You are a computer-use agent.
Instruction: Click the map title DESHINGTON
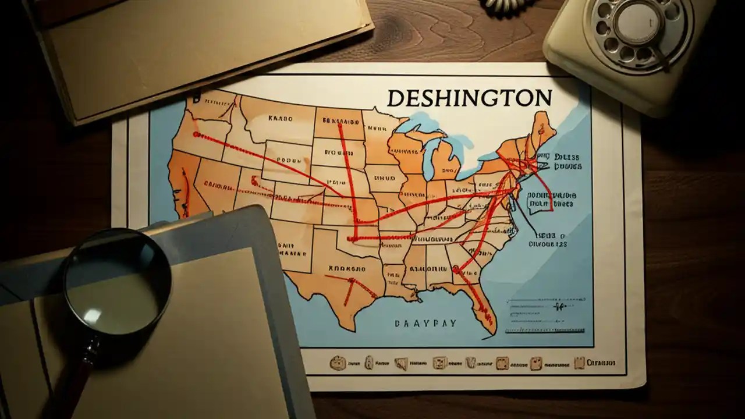point(469,98)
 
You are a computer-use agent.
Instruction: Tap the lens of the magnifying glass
point(116,289)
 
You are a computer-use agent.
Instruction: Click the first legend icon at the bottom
point(336,364)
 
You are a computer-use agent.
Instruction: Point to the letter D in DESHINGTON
point(394,98)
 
